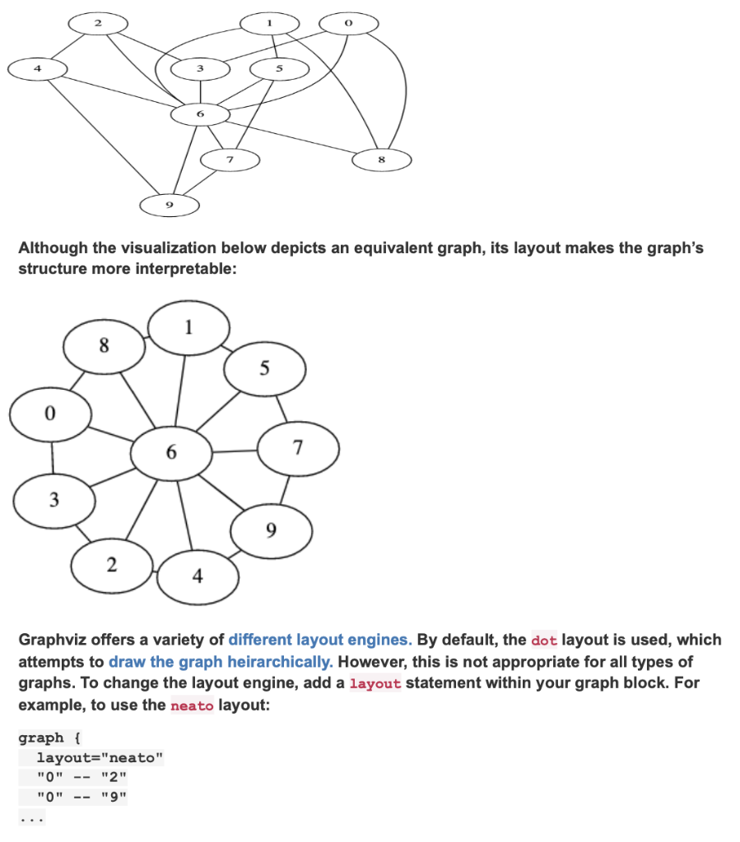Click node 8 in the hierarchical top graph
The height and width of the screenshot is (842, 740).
[382, 159]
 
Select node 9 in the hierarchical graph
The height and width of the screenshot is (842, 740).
[170, 205]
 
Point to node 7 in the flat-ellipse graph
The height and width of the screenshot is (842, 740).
[230, 157]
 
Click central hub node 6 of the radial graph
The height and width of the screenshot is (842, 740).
[171, 452]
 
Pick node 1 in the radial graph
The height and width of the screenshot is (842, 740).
[188, 328]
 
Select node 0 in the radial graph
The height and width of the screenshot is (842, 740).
[49, 414]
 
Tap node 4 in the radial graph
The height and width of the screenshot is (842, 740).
[198, 576]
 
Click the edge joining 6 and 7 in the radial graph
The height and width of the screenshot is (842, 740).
[235, 451]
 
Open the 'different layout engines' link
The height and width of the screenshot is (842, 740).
[319, 640]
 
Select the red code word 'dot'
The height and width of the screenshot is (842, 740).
[544, 640]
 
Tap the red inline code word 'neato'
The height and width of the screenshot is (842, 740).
[191, 706]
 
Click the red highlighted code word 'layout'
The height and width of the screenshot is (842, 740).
[375, 683]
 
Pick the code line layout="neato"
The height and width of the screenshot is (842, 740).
[100, 757]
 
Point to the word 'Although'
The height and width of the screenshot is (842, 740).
[54, 248]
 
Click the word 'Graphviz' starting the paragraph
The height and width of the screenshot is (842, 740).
[54, 640]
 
